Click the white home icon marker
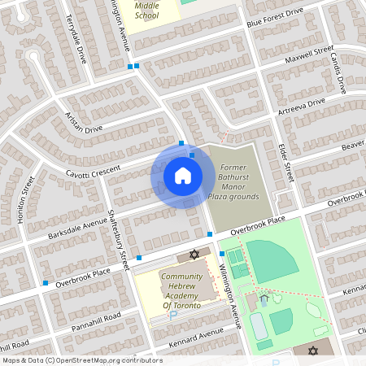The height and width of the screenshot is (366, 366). coord(182,176)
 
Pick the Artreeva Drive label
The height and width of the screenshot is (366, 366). coord(301,106)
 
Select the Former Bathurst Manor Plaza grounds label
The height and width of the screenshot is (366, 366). coord(238,182)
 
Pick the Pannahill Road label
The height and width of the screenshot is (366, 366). coord(94,317)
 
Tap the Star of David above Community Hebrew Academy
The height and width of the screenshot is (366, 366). coord(194,255)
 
